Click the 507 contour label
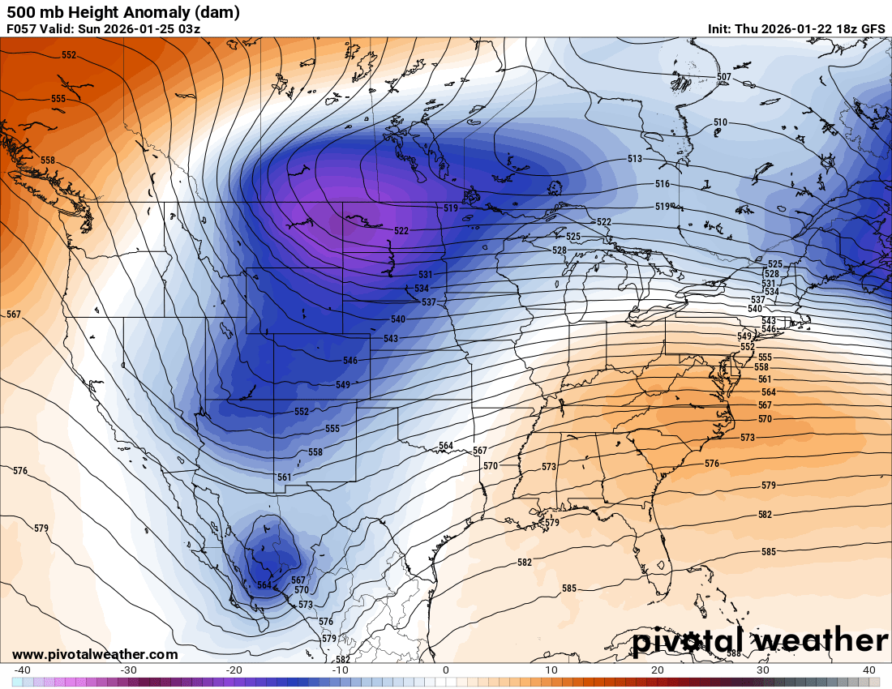(x=724, y=77)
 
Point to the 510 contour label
(x=720, y=122)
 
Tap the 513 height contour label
(x=635, y=159)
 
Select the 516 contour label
(x=663, y=185)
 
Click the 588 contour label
(x=733, y=653)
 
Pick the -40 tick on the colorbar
(x=23, y=670)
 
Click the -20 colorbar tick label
(x=234, y=670)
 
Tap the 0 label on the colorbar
(x=446, y=670)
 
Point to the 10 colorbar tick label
(x=551, y=670)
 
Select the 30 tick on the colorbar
(x=763, y=670)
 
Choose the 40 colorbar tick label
(x=869, y=670)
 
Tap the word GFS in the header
(x=873, y=29)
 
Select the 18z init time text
(x=843, y=29)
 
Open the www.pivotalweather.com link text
(x=95, y=654)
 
